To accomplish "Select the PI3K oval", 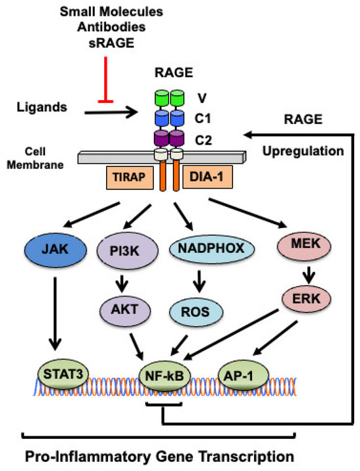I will click(125, 250).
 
